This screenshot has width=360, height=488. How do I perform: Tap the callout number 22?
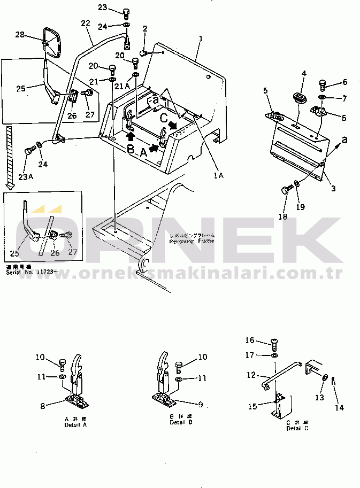86,24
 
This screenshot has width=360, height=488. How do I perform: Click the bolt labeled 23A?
29,152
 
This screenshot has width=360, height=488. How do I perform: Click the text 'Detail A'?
76,425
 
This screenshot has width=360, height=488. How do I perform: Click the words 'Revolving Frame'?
191,241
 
